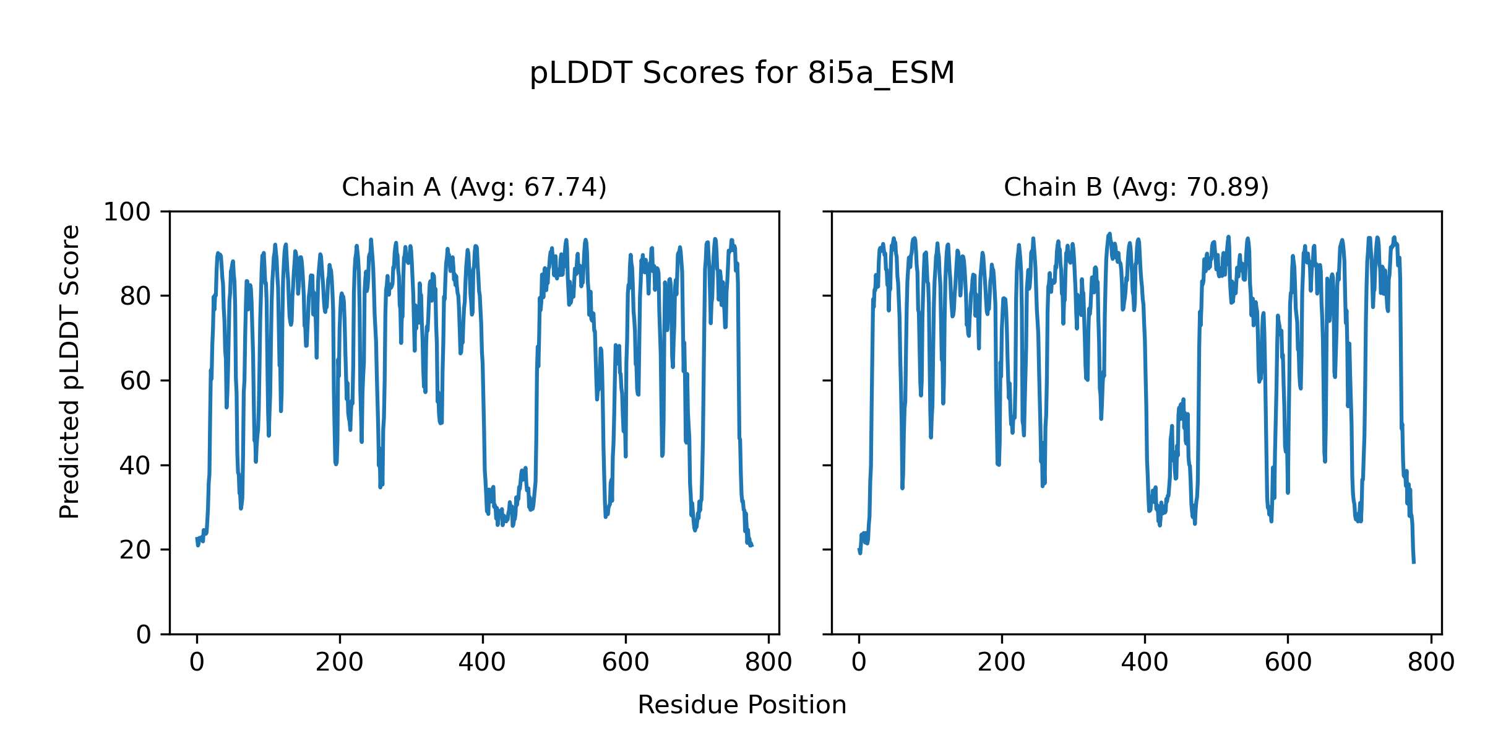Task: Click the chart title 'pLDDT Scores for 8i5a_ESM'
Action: (x=742, y=74)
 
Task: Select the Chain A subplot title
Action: (x=474, y=187)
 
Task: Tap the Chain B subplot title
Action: (x=1136, y=187)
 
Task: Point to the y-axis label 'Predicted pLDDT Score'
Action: (x=70, y=371)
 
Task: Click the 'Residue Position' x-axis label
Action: (x=742, y=705)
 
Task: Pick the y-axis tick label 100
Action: (x=127, y=212)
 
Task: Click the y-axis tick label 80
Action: (x=136, y=297)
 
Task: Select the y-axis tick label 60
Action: (x=136, y=381)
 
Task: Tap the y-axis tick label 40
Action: (x=136, y=466)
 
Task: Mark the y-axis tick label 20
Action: (x=136, y=550)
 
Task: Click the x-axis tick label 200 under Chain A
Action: (x=340, y=663)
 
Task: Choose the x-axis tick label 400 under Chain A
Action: (x=482, y=663)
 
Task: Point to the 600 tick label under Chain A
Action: (x=626, y=663)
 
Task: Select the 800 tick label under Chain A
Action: (x=768, y=663)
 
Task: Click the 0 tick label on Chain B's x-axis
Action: (x=859, y=663)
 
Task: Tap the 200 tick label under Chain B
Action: (x=1002, y=663)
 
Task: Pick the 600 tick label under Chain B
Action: (x=1288, y=663)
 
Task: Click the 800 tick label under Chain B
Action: (x=1431, y=663)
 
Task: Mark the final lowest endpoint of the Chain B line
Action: (x=1414, y=562)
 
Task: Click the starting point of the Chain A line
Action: (x=197, y=539)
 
